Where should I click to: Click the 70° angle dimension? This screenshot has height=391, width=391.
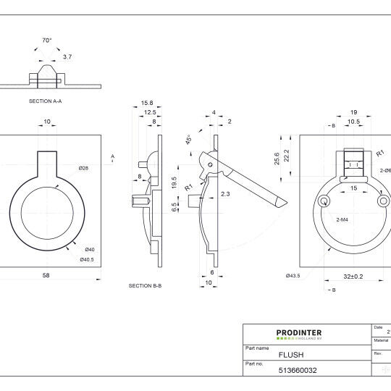[x=47, y=41]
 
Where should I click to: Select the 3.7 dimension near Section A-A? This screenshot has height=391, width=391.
[x=67, y=56]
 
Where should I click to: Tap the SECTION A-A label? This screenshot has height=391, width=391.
[x=45, y=101]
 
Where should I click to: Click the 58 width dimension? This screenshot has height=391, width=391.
[x=46, y=275]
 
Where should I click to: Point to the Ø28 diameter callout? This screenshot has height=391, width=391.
[x=83, y=168]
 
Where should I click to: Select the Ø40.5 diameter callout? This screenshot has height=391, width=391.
[x=87, y=259]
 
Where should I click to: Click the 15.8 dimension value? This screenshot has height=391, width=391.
[x=147, y=103]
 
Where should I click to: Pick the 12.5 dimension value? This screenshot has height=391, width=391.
[x=150, y=112]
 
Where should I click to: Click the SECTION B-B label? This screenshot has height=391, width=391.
[x=145, y=286]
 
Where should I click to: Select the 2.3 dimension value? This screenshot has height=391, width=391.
[x=225, y=193]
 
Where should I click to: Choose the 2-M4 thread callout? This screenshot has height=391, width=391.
[x=344, y=218]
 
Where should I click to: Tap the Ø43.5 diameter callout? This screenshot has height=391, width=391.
[x=293, y=275]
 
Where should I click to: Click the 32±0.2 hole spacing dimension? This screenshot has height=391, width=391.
[x=353, y=275]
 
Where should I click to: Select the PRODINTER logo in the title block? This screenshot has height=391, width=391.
[x=299, y=335]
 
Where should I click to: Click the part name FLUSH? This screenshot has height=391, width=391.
[x=291, y=356]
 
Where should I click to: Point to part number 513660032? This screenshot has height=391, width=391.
[x=298, y=370]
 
